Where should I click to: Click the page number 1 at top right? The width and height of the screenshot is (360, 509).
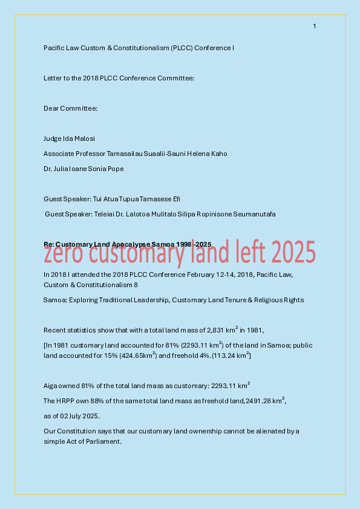[x=315, y=26]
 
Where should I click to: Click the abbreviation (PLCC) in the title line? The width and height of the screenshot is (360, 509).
[x=181, y=48]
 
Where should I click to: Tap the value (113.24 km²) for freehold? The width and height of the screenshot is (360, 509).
[x=231, y=356]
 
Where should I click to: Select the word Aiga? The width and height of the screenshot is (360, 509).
[x=50, y=385]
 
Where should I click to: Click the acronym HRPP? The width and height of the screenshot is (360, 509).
[x=67, y=401]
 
